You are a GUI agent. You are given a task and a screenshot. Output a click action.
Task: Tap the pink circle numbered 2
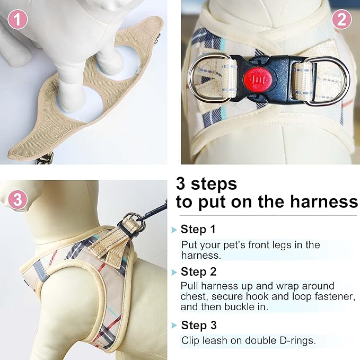(x=341, y=20)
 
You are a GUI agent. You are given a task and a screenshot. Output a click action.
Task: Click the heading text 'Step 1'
(x=198, y=230)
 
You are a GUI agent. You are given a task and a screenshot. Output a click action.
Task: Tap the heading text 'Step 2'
(x=198, y=272)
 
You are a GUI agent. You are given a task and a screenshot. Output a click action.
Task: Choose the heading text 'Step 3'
(x=198, y=325)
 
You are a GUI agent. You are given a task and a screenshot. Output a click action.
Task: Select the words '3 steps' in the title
(x=206, y=184)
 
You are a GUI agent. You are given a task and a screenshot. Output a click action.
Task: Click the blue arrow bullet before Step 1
(x=174, y=230)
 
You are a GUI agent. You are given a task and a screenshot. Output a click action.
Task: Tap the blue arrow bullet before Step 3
(x=174, y=326)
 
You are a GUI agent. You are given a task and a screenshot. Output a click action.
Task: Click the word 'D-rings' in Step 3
(x=298, y=340)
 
